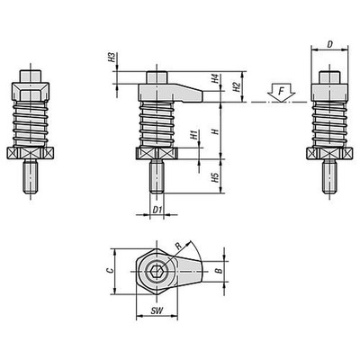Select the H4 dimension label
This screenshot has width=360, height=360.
215,78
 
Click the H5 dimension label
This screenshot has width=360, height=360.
215,178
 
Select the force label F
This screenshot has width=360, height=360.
281,90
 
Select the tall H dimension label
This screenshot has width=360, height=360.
215,131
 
